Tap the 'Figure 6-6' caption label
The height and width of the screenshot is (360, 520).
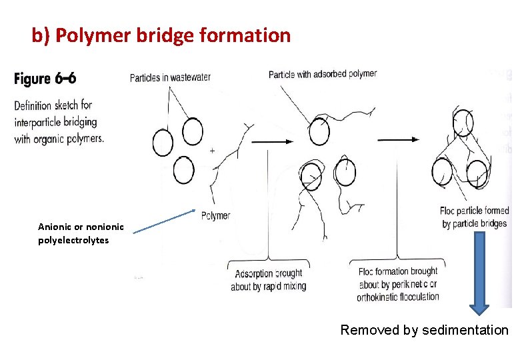(45, 79)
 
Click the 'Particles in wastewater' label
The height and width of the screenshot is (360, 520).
(170, 77)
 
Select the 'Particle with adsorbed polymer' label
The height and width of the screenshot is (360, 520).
(323, 74)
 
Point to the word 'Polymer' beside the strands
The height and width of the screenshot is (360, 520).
(215, 215)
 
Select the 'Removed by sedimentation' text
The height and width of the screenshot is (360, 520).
(424, 330)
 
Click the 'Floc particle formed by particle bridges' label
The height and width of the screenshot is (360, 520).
(474, 217)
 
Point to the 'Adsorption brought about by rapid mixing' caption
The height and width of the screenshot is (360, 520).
(268, 279)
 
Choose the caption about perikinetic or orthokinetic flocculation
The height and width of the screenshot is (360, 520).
(398, 284)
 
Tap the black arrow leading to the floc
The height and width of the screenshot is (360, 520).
(399, 139)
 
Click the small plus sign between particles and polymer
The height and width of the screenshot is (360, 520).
(212, 151)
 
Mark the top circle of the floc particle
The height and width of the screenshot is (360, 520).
(462, 123)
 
